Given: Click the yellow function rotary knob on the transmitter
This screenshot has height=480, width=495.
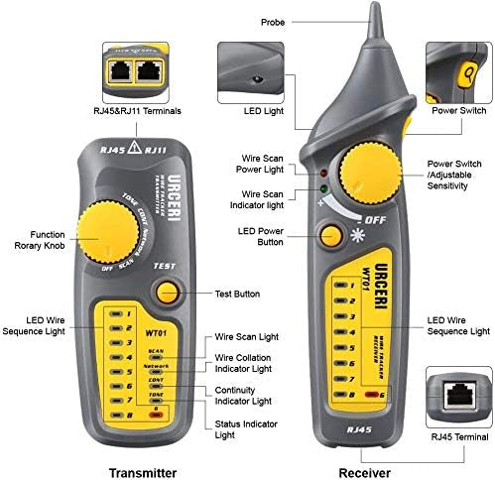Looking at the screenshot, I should [x=108, y=238].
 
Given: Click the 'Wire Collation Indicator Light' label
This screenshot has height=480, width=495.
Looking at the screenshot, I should [x=243, y=363].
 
